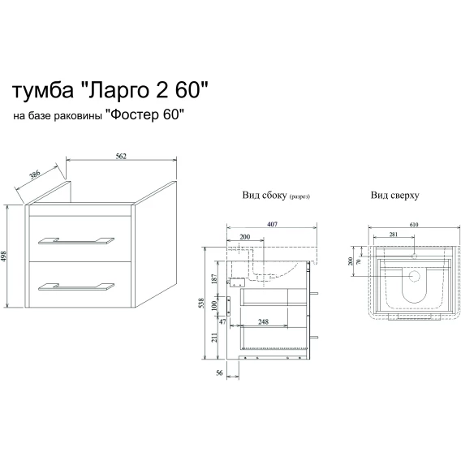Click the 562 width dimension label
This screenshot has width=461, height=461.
click(x=121, y=156)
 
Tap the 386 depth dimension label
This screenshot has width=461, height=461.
click(x=34, y=175)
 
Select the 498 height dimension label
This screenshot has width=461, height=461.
click(x=3, y=256)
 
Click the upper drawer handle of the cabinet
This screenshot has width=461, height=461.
click(x=76, y=240)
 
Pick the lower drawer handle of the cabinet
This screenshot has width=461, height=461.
click(x=76, y=287)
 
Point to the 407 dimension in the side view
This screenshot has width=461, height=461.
click(x=272, y=224)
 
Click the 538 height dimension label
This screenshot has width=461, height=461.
click(x=201, y=303)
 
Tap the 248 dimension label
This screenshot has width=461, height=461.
click(x=263, y=321)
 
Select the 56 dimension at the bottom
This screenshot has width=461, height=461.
click(x=219, y=373)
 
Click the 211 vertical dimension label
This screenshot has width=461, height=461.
click(x=214, y=337)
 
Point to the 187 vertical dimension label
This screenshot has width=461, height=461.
click(x=214, y=278)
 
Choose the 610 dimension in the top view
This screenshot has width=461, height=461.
click(x=414, y=225)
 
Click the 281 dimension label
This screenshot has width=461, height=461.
click(x=394, y=235)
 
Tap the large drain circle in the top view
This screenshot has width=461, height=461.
click(x=414, y=276)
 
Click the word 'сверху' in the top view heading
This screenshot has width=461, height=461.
click(x=404, y=196)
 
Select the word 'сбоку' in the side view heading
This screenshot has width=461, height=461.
click(x=273, y=195)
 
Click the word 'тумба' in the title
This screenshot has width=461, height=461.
click(x=43, y=90)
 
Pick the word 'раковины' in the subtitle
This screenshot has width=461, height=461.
click(x=78, y=116)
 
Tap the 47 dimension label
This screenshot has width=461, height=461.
click(x=222, y=321)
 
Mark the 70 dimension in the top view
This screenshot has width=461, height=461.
click(x=358, y=261)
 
